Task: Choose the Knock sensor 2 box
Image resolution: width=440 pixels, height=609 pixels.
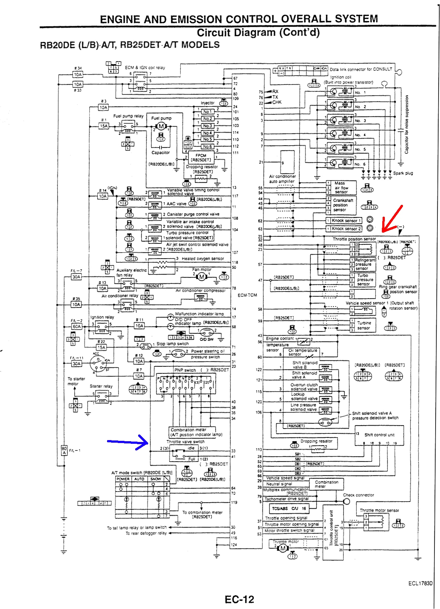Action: [x=344, y=229]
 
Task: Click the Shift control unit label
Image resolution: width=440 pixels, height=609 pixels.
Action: [x=379, y=435]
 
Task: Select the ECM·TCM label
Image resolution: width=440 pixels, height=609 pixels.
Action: [x=247, y=295]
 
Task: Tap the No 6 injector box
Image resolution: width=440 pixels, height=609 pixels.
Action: [x=207, y=146]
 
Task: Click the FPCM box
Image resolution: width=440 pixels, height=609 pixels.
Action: [x=201, y=158]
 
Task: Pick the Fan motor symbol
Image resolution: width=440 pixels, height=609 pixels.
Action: [x=202, y=277]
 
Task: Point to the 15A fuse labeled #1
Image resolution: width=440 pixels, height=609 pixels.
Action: [x=104, y=126]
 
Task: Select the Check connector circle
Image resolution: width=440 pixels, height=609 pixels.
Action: [x=346, y=502]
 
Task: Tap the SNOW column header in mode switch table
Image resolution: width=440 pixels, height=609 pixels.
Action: [x=156, y=479]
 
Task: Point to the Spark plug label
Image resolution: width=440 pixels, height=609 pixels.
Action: [x=403, y=173]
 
